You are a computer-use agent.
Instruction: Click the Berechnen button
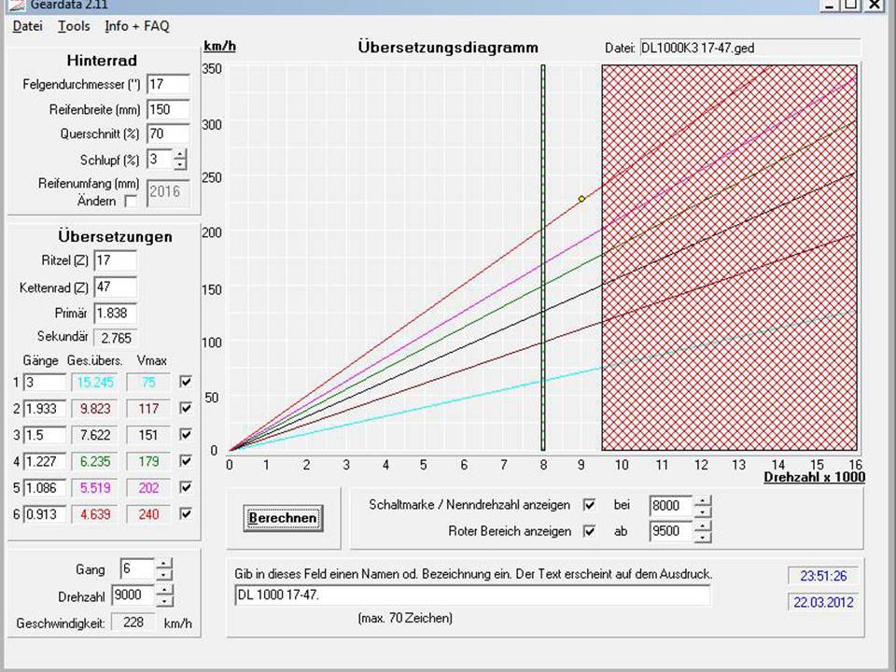pyautogui.click(x=284, y=518)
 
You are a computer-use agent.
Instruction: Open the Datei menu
pyautogui.click(x=27, y=26)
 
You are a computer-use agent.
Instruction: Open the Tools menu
pyautogui.click(x=74, y=26)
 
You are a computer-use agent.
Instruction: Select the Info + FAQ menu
pyautogui.click(x=137, y=26)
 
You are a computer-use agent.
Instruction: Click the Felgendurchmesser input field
pyautogui.click(x=167, y=85)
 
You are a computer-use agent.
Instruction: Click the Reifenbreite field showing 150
pyautogui.click(x=167, y=109)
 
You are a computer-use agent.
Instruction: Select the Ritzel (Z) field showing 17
pyautogui.click(x=114, y=260)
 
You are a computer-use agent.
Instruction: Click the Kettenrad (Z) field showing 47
pyautogui.click(x=114, y=287)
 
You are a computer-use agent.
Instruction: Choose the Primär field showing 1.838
pyautogui.click(x=114, y=313)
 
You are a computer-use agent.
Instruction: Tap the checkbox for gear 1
pyautogui.click(x=186, y=382)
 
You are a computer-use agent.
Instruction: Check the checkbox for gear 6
pyautogui.click(x=186, y=513)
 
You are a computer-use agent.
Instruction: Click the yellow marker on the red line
pyautogui.click(x=581, y=199)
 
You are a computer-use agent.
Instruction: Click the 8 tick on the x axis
pyautogui.click(x=542, y=464)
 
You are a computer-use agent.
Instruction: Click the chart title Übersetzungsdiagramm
pyautogui.click(x=448, y=48)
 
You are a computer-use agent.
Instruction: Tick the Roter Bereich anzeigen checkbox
pyautogui.click(x=589, y=531)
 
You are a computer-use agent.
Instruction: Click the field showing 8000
pyautogui.click(x=670, y=506)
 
